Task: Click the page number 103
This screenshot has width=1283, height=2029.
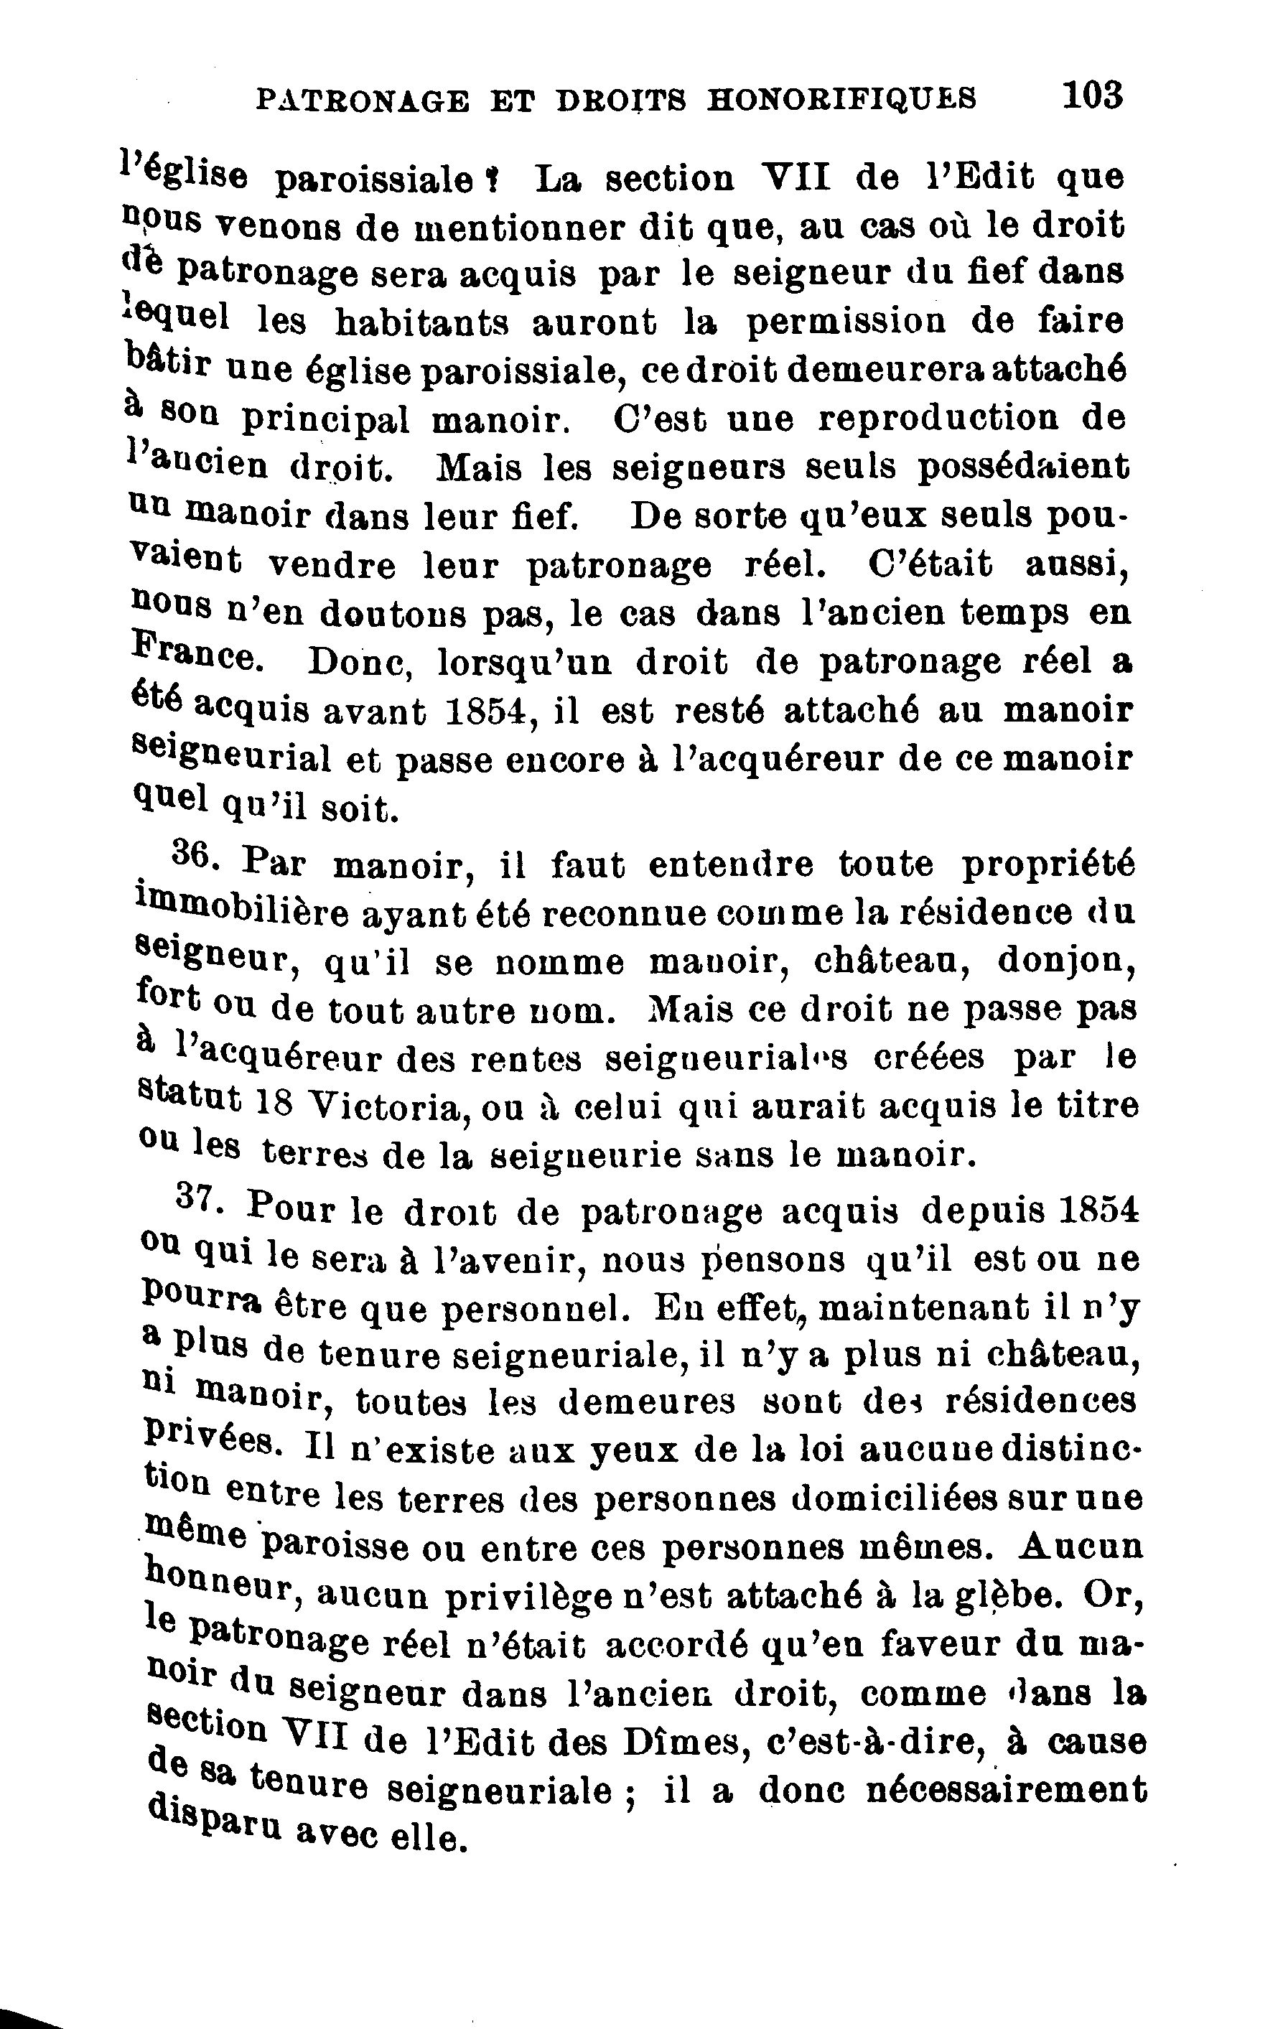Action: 1093,95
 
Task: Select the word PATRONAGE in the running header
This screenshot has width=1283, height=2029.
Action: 360,101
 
